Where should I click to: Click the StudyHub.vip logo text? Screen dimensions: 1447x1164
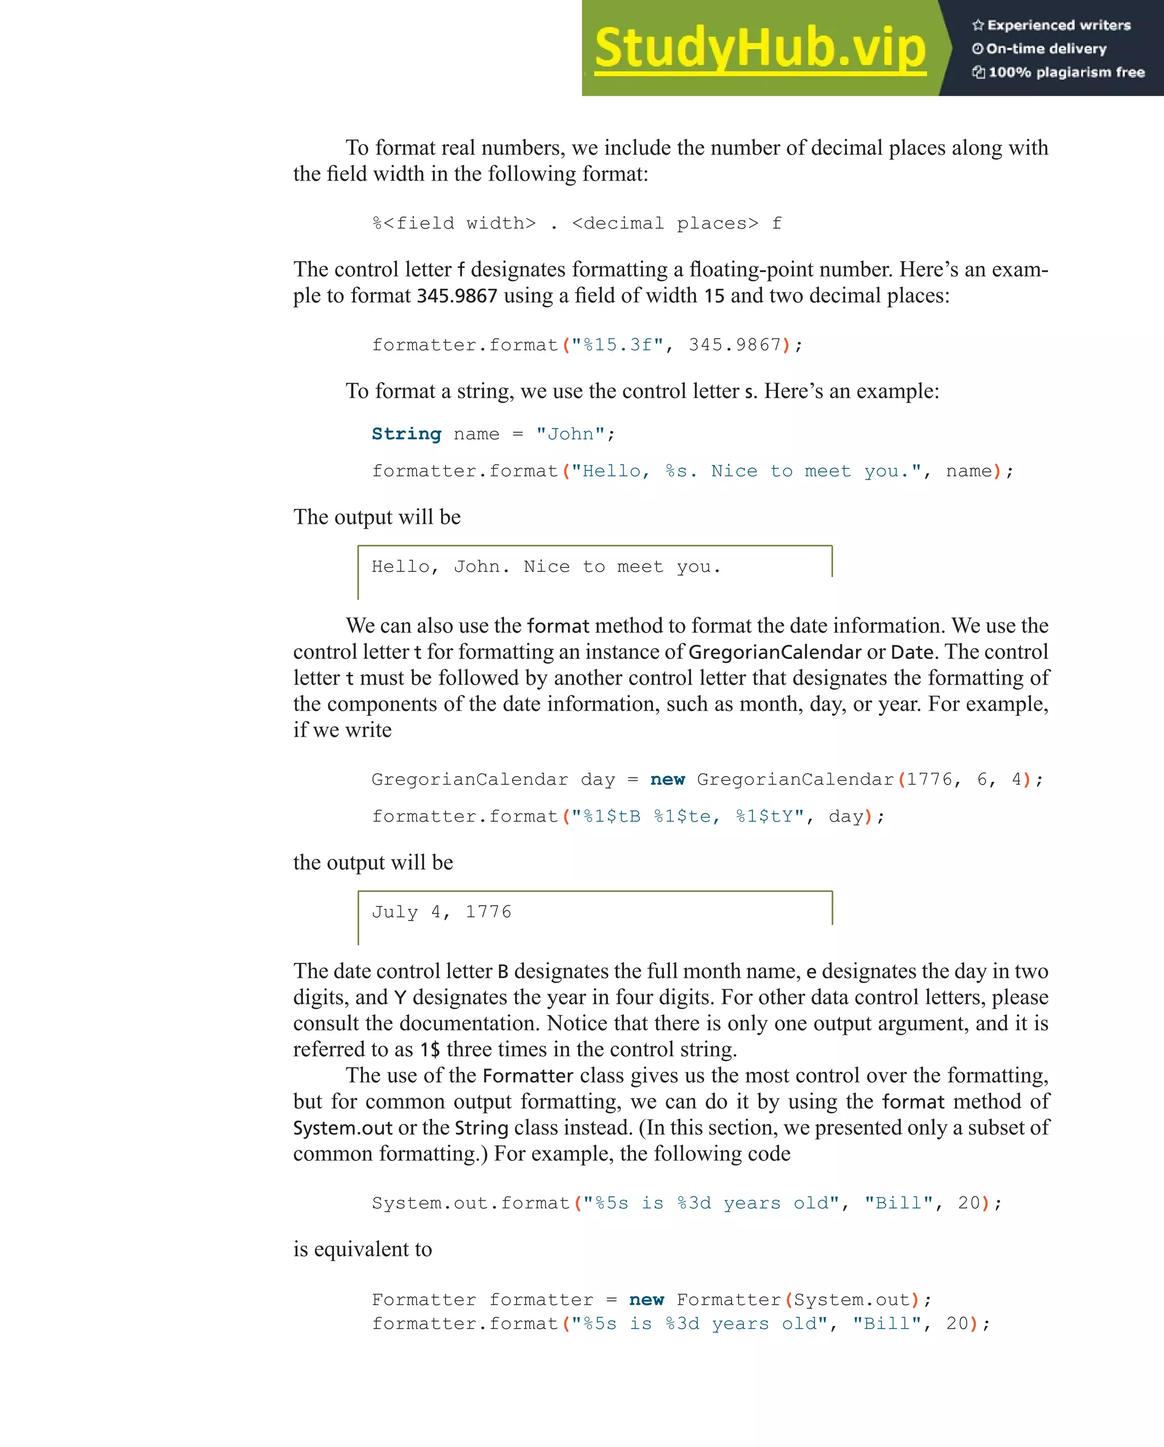[x=759, y=48]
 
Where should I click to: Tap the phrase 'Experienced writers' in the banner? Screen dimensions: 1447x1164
[x=1059, y=26]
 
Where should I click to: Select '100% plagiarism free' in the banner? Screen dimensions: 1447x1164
[x=1066, y=72]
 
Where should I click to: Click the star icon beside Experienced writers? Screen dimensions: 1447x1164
[x=978, y=26]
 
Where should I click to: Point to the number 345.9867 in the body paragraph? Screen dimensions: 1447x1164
[x=457, y=296]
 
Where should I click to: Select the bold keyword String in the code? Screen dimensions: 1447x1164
[x=406, y=434]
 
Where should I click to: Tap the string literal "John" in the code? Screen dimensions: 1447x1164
[x=570, y=434]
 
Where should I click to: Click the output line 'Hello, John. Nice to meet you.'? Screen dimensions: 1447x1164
[x=546, y=567]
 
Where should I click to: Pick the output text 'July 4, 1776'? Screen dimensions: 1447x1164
[x=442, y=912]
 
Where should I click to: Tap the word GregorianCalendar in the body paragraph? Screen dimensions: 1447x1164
[x=774, y=652]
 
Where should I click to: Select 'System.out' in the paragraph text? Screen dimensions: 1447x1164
[x=342, y=1128]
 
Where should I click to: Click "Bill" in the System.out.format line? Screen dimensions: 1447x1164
[x=899, y=1204]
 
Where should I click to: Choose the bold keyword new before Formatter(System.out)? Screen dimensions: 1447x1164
[x=646, y=1300]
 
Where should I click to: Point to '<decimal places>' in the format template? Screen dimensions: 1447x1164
[x=665, y=223]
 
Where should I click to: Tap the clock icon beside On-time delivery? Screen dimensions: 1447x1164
[x=978, y=49]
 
